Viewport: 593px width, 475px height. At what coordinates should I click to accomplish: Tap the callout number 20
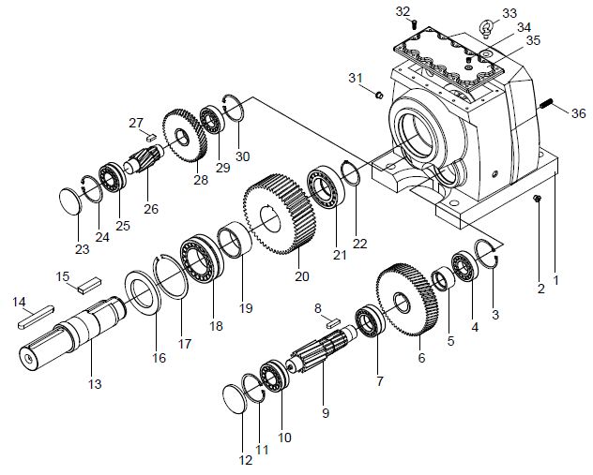point(301,276)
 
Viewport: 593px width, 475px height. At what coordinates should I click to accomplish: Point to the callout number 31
point(356,76)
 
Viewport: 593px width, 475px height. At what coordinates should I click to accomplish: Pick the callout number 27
point(135,123)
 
